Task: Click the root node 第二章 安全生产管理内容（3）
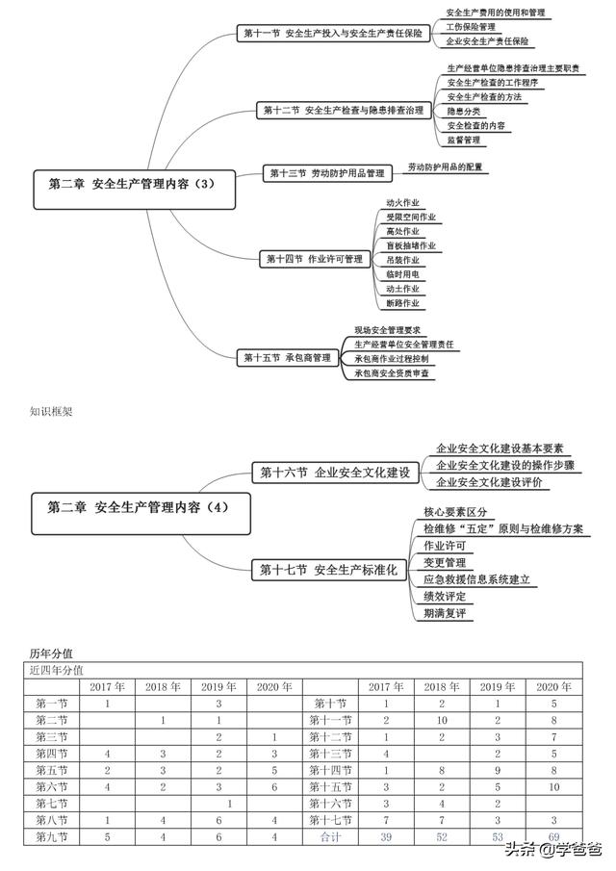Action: (135, 184)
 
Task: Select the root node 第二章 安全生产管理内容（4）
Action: (135, 507)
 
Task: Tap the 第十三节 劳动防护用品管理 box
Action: (327, 173)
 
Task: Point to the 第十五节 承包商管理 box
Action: (287, 357)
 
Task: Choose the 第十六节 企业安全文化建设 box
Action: (334, 473)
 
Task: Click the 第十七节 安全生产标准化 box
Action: (328, 570)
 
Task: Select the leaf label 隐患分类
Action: (463, 112)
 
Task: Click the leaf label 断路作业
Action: (402, 303)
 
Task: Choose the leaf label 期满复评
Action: (445, 613)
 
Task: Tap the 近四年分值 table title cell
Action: (55, 670)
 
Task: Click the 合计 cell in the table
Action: (329, 838)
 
